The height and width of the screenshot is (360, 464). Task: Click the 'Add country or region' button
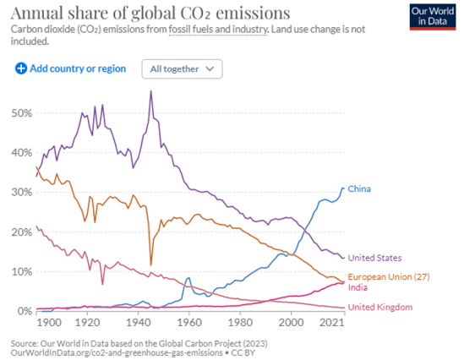coord(71,68)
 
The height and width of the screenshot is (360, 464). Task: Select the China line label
coord(360,188)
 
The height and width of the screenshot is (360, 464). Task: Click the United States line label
coord(374,257)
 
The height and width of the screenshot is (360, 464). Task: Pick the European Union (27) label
coord(388,277)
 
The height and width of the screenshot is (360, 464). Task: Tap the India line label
coord(358,288)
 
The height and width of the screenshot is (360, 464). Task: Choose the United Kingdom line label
coord(380,307)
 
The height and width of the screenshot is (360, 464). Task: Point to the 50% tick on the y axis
coord(22,113)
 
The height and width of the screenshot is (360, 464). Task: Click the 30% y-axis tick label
coord(22,193)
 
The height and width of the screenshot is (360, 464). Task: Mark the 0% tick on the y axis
coord(25,311)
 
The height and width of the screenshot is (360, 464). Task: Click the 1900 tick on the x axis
coord(49,323)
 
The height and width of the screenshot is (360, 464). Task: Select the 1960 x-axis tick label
coord(188,323)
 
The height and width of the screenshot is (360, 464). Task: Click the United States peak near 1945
coord(150,91)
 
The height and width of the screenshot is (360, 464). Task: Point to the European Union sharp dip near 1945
coord(151,265)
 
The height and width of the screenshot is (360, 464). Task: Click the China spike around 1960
coord(188,278)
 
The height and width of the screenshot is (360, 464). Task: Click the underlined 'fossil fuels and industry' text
coord(216,30)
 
